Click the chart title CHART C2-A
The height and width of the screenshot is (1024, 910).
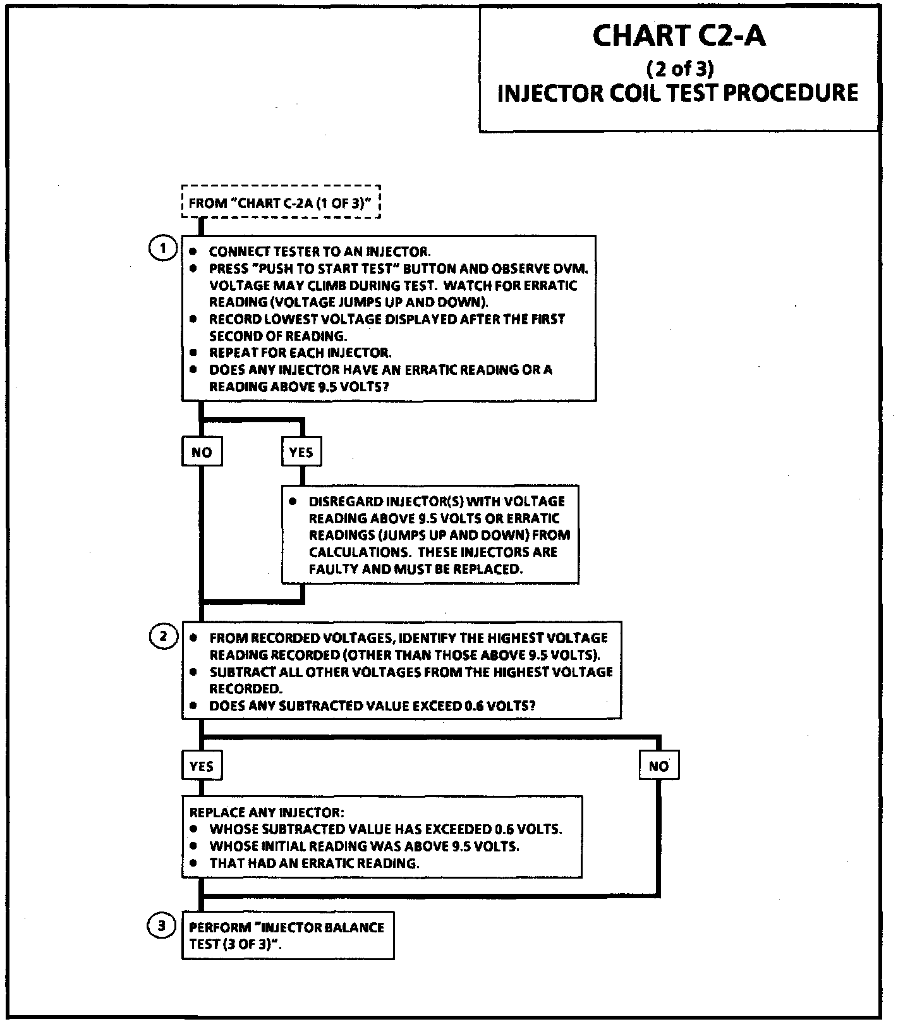(679, 37)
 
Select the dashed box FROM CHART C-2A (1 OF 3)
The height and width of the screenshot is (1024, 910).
(281, 202)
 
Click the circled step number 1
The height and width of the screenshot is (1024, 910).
(162, 248)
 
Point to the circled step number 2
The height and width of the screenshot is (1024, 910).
(162, 636)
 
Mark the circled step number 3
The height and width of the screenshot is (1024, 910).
(161, 926)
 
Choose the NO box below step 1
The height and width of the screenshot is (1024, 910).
(202, 453)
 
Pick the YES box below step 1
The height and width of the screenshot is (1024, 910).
(301, 453)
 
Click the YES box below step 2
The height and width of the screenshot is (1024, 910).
(202, 766)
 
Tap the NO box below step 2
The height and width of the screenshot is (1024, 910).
(658, 766)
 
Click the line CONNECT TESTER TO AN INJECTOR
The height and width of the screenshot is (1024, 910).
(320, 252)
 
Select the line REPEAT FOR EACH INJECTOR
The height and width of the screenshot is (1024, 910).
(300, 353)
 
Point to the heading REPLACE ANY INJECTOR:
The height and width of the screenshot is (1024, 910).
(267, 812)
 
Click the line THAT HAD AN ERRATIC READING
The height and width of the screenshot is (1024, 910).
(314, 863)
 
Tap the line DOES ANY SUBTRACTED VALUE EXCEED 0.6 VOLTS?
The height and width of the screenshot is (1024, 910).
(372, 705)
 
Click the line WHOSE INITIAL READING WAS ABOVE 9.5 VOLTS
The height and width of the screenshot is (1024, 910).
(364, 846)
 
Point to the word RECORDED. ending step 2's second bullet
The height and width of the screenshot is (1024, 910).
(245, 688)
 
